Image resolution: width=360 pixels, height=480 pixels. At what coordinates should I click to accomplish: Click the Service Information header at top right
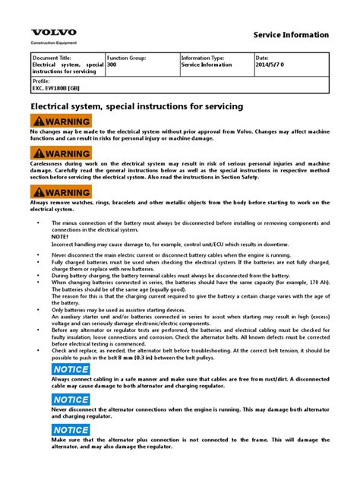(290, 35)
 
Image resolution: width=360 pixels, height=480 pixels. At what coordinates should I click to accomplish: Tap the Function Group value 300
(112, 65)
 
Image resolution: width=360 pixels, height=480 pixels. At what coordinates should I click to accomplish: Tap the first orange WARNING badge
(61, 122)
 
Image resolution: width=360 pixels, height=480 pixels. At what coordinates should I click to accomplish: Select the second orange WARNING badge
(61, 154)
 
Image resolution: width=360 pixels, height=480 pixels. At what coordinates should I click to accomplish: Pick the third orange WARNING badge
(61, 193)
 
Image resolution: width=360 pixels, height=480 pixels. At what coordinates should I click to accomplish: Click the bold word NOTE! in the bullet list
(60, 237)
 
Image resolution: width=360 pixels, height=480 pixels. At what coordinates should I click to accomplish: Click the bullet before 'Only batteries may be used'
(38, 309)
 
